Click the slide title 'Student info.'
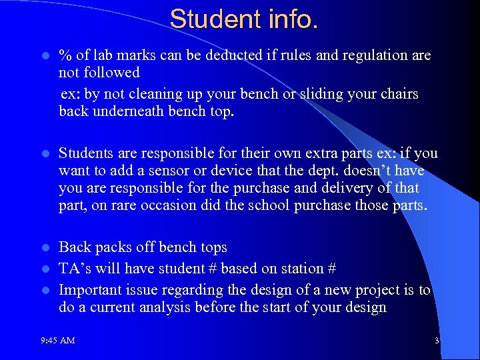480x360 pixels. tap(244, 19)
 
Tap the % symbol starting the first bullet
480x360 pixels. tap(65, 55)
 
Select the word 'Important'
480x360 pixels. tap(89, 290)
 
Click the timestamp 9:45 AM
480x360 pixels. tap(57, 341)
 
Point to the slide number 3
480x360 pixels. tap(437, 341)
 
